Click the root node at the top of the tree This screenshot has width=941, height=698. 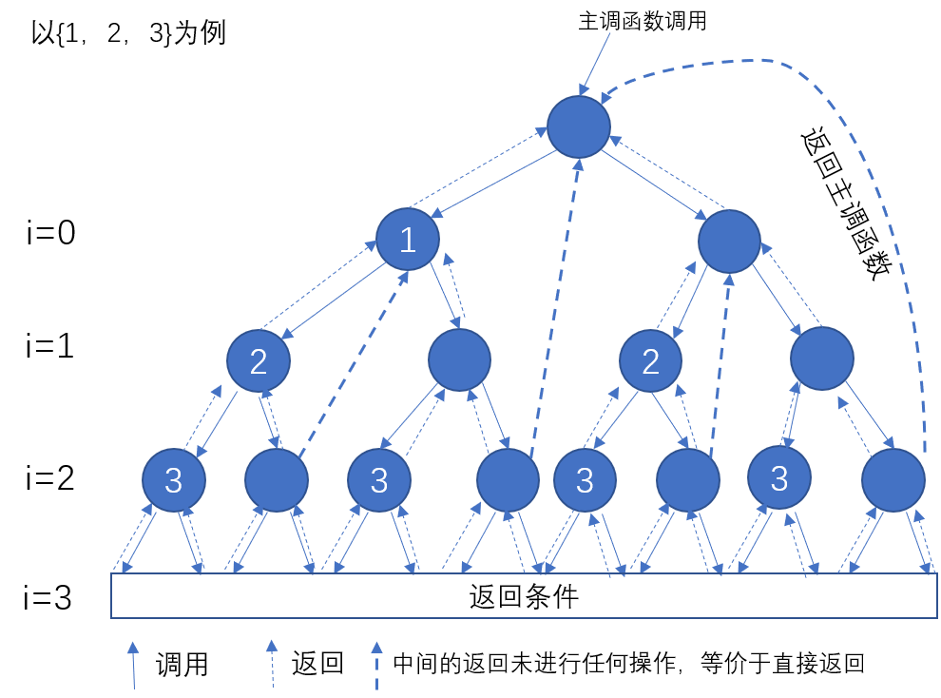[578, 126]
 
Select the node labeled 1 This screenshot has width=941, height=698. [408, 240]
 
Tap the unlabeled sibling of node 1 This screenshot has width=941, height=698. [729, 242]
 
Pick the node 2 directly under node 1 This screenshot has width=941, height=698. [259, 361]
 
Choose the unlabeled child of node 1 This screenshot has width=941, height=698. [459, 359]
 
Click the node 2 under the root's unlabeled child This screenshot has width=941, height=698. [650, 361]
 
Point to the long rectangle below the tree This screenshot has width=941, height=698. [524, 595]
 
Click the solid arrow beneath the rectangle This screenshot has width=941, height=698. [133, 665]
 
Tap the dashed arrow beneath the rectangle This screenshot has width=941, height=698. [376, 665]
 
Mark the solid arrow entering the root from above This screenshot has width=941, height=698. [595, 63]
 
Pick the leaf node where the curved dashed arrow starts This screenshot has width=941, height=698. [893, 480]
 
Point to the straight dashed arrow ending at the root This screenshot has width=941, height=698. [555, 304]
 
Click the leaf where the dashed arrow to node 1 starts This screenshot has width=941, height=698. [277, 480]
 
